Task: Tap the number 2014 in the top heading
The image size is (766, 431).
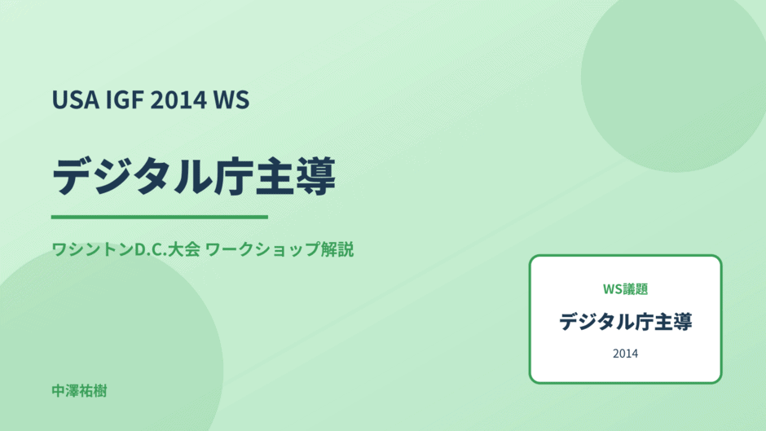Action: click(178, 99)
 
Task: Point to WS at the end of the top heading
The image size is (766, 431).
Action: click(231, 99)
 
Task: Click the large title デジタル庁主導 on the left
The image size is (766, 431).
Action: click(194, 177)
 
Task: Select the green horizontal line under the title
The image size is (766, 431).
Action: click(160, 217)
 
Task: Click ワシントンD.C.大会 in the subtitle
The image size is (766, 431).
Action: click(125, 249)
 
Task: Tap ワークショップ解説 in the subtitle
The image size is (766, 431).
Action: click(280, 249)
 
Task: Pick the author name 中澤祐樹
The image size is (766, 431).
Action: click(79, 391)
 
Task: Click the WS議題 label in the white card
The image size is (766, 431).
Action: click(625, 289)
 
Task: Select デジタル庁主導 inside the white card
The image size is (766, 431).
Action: click(625, 322)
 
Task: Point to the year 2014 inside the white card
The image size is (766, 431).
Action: click(625, 354)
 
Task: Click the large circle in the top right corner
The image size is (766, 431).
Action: click(674, 78)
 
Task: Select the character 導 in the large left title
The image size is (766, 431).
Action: click(316, 177)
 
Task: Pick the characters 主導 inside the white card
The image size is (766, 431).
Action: click(673, 322)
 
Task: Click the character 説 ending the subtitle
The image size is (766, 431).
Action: click(346, 249)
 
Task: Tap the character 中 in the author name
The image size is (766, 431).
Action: click(59, 391)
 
